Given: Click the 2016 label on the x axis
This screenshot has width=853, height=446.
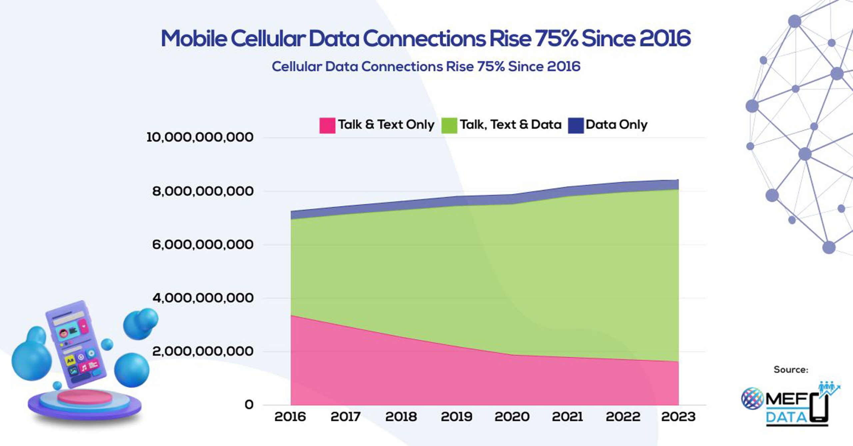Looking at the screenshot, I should point(290,417).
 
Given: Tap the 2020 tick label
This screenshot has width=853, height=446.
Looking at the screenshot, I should point(512,417).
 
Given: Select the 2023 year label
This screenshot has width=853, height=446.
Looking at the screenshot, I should point(678,417).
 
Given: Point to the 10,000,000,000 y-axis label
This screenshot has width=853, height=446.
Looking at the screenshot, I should point(200,137).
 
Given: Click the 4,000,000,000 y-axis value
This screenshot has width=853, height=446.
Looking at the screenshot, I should point(203,298).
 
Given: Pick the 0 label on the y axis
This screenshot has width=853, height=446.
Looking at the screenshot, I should point(249,405).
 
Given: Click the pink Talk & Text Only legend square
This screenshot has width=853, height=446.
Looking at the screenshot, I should point(327,125).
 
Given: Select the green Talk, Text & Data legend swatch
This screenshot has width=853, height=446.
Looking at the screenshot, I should point(449,125).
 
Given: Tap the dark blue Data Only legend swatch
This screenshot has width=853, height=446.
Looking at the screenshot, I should point(575,125).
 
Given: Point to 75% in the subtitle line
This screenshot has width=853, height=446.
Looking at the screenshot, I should point(491,66).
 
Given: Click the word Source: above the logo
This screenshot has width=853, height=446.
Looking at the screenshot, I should point(791,370).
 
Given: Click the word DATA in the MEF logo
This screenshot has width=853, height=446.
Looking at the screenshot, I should point(786,417).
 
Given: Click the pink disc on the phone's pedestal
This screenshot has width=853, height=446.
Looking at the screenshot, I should point(85,397).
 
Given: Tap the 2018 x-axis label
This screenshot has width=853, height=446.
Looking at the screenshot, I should point(401,417).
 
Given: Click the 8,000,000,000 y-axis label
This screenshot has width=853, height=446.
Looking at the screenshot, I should point(203,191).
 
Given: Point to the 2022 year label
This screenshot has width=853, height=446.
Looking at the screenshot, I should point(623,417).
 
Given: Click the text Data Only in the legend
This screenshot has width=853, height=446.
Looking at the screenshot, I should point(616,125).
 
